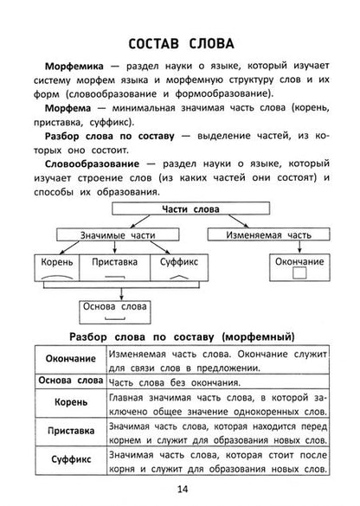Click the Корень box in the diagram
[56, 259]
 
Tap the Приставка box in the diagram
[114, 259]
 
